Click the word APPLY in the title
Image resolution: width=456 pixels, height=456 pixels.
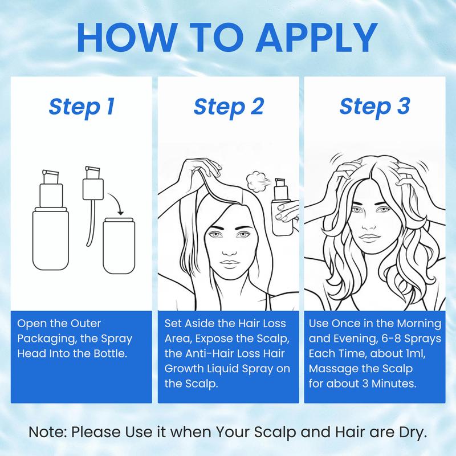[x=317, y=38]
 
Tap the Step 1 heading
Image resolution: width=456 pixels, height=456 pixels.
[x=82, y=107]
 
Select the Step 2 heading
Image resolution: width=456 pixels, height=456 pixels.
[x=229, y=107]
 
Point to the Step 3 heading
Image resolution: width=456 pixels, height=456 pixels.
[x=375, y=107]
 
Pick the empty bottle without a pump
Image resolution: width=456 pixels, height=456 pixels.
[x=119, y=246]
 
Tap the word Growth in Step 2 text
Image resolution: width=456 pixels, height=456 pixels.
[x=184, y=369]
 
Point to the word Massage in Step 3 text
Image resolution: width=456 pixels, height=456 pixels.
[x=329, y=369]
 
